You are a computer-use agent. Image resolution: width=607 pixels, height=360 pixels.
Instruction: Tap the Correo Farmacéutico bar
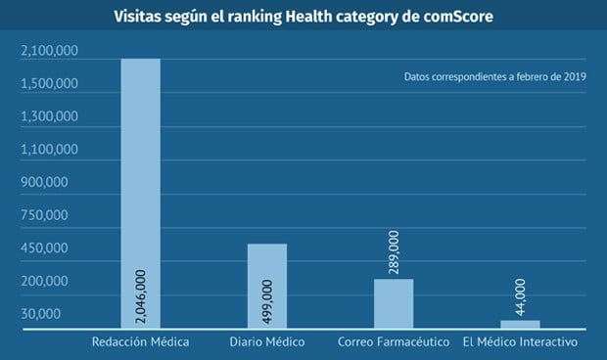coord(394,304)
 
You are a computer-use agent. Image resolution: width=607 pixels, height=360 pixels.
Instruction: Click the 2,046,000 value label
coord(140,296)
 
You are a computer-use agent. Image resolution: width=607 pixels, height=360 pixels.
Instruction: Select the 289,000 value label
coord(394,253)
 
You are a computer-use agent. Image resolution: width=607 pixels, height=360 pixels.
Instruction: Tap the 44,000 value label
coord(520,296)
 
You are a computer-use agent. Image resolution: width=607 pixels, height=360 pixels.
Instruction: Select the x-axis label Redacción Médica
coord(140,342)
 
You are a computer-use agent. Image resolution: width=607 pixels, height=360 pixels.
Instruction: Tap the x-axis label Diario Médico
coord(267,342)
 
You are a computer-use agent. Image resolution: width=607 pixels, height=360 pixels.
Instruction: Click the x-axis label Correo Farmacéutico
coord(394,342)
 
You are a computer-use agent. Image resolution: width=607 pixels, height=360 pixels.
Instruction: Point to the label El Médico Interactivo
coord(520,342)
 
